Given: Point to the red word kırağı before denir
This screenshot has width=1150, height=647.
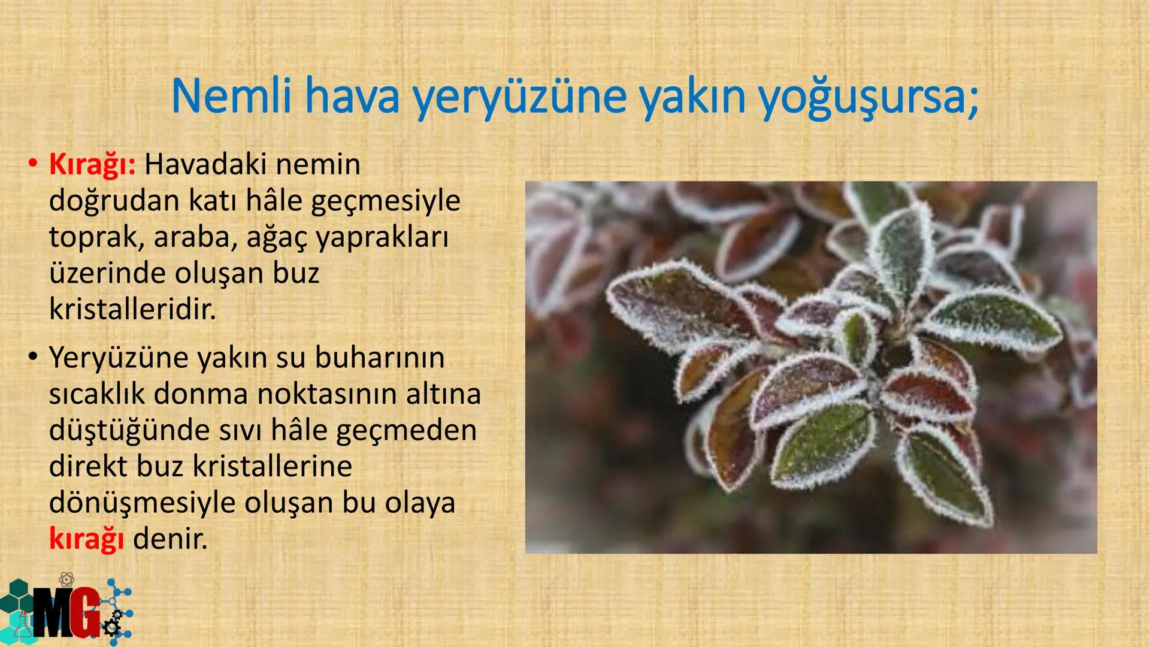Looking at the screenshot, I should (86, 539).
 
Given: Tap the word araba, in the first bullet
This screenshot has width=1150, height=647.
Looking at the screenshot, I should (193, 237).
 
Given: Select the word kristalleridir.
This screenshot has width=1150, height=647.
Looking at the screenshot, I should (132, 310).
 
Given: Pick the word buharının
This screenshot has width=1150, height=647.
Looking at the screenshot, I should (380, 358).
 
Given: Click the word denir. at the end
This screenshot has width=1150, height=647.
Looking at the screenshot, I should (170, 539).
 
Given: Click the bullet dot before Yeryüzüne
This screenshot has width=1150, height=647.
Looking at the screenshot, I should (32, 358).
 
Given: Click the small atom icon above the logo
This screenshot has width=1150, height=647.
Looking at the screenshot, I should (67, 579).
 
